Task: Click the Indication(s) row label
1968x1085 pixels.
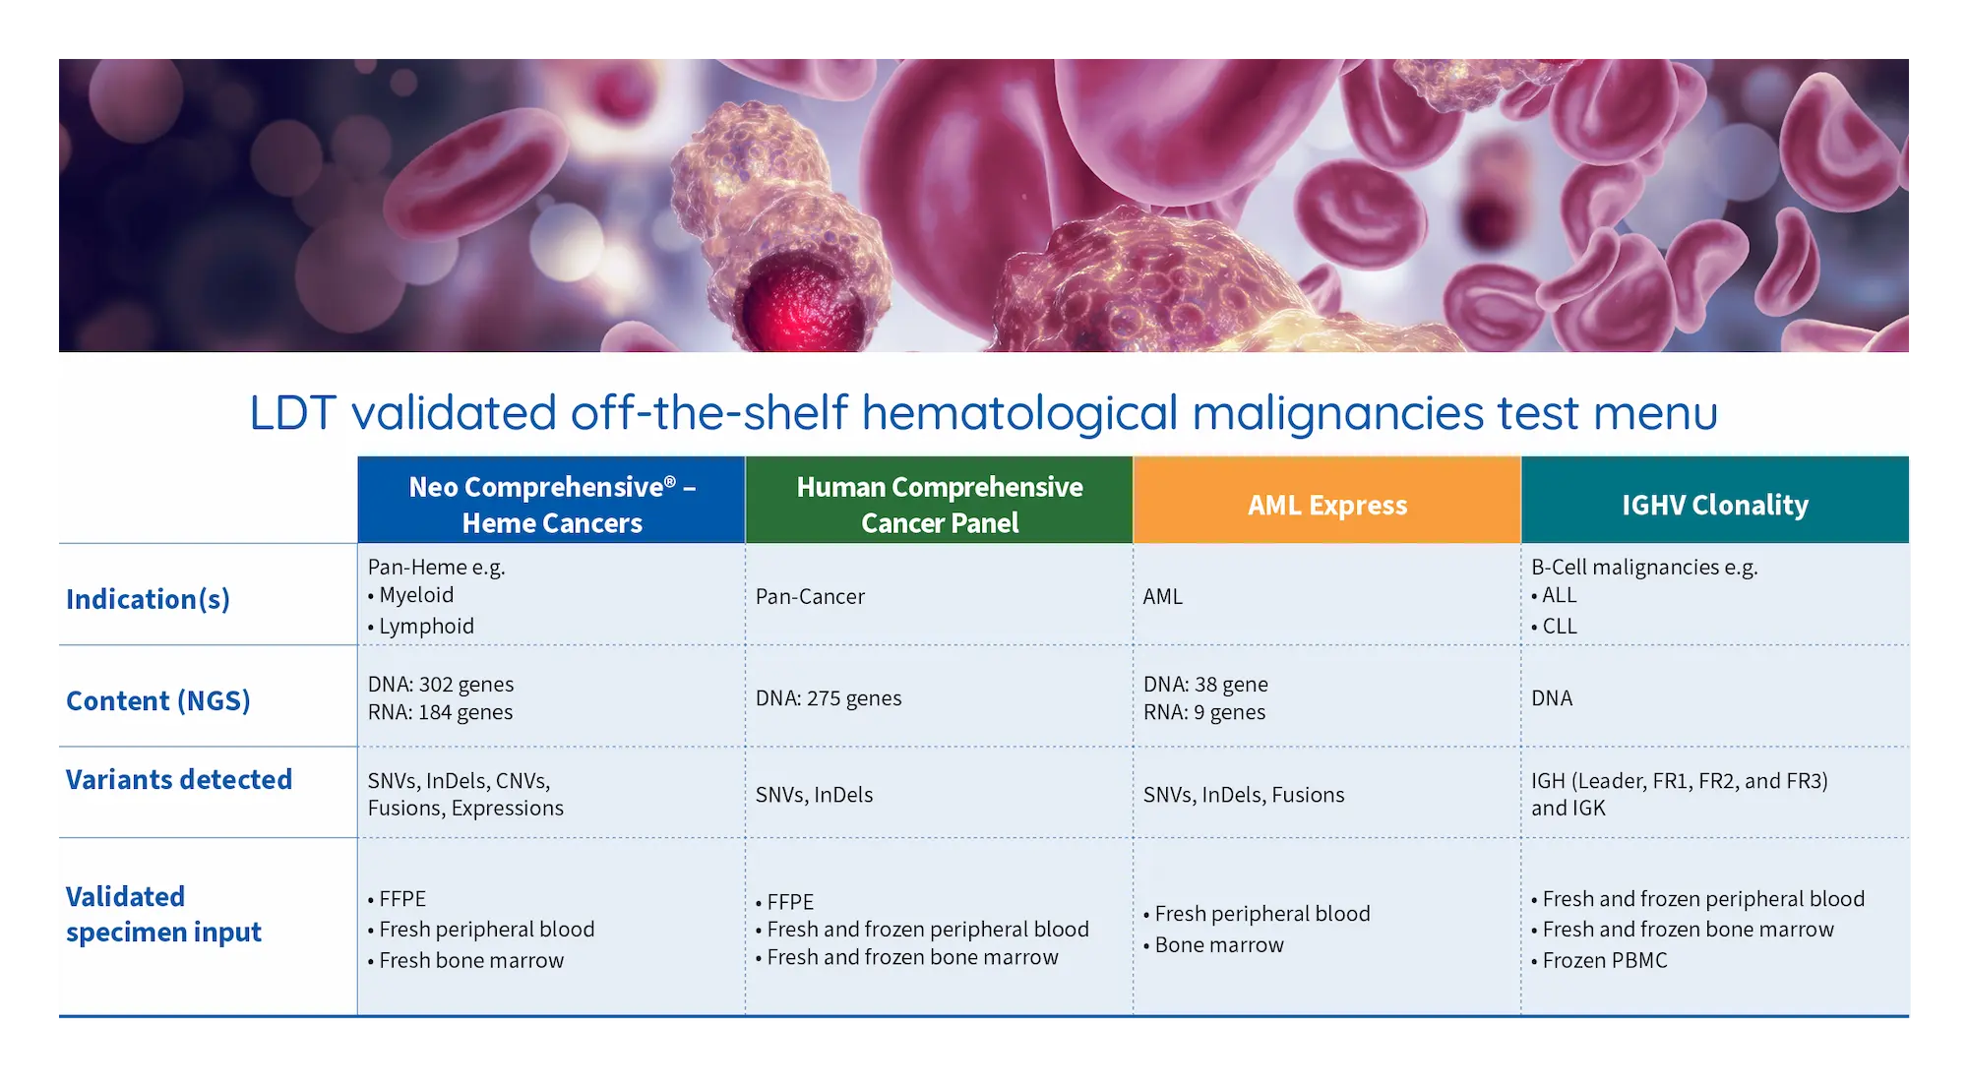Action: [x=148, y=599]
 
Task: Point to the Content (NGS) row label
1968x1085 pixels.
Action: [x=158, y=700]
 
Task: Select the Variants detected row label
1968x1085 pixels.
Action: [x=179, y=779]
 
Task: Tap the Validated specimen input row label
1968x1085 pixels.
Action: [x=163, y=914]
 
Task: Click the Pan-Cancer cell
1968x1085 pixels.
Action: [x=810, y=596]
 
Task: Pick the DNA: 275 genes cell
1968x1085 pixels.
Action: [x=829, y=697]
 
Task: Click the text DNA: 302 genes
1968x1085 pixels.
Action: [x=441, y=684]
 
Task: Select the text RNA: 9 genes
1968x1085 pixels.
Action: [x=1204, y=711]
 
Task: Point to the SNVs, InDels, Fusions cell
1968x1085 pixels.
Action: [x=1244, y=794]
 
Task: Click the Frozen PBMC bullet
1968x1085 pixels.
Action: [x=1600, y=960]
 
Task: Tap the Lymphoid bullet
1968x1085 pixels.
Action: [x=421, y=626]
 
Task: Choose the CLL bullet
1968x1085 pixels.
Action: [x=1555, y=626]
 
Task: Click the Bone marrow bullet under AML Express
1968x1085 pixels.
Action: [x=1214, y=944]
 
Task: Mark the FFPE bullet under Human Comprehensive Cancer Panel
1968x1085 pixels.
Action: [x=785, y=901]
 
